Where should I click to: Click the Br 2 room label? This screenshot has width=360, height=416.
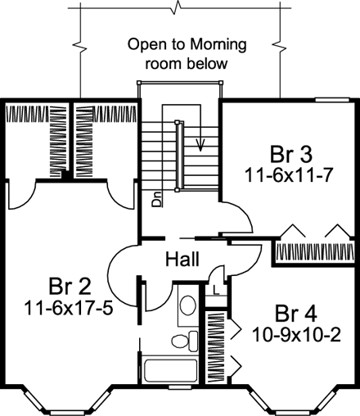[x=70, y=287]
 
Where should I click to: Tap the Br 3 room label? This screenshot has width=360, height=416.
[x=290, y=155]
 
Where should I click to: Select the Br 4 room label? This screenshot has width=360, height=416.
[x=296, y=314]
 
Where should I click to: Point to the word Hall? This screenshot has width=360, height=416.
[x=182, y=260]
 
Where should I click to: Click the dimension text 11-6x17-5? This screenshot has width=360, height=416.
[x=69, y=309]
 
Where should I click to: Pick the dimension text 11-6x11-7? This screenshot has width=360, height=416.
[x=289, y=175]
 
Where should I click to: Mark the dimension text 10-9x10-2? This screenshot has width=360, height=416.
[x=296, y=335]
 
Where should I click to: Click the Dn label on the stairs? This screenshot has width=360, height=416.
[x=156, y=200]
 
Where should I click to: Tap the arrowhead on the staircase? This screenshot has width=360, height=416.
[x=200, y=146]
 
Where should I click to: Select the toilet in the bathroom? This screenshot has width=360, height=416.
[x=185, y=341]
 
